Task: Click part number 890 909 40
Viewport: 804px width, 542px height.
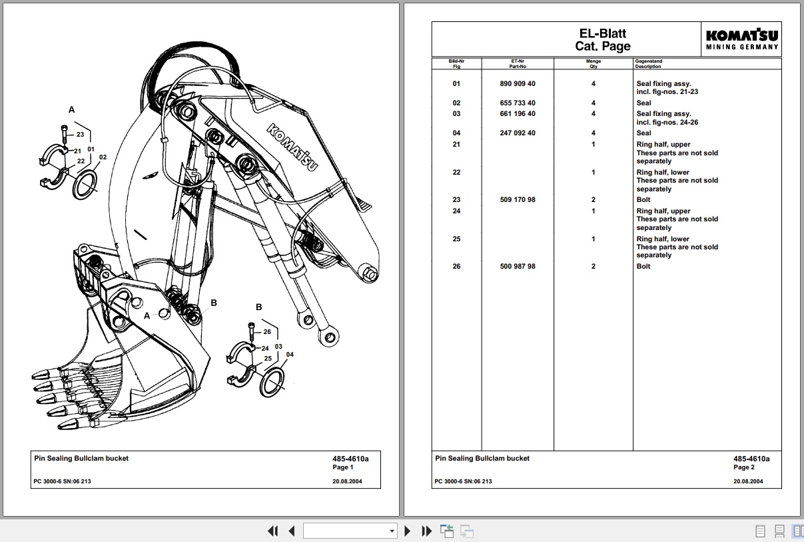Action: [x=517, y=84]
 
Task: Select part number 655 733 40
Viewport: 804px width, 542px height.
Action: [x=517, y=103]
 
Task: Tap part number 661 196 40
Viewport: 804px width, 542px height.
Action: [x=517, y=114]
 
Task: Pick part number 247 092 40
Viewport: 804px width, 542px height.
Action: [x=517, y=133]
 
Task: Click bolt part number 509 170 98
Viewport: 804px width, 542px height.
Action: [x=517, y=200]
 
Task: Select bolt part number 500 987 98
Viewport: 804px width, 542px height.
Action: [x=517, y=267]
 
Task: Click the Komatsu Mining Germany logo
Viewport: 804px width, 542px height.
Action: [x=742, y=39]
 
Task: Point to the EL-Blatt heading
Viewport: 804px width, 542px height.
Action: [x=602, y=33]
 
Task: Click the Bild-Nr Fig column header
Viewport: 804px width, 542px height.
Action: [x=456, y=63]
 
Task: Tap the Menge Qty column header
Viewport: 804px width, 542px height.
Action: [x=593, y=63]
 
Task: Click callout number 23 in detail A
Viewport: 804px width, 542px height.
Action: [x=80, y=135]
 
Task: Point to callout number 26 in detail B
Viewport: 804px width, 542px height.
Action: [x=267, y=331]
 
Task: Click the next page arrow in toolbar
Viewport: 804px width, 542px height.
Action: [x=408, y=531]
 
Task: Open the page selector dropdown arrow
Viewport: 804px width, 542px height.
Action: [x=392, y=531]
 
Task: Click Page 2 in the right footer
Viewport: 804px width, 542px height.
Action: [x=744, y=467]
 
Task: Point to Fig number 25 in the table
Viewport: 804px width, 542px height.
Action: [x=456, y=239]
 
